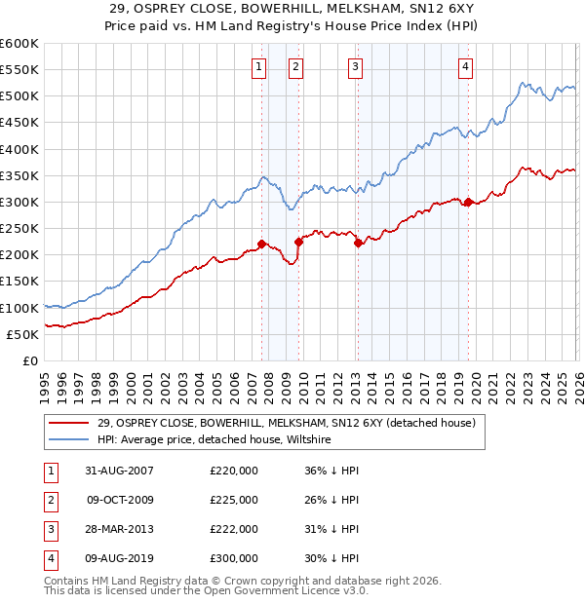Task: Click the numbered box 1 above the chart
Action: point(259,66)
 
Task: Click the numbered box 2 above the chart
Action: point(295,66)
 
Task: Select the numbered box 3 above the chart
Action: point(355,66)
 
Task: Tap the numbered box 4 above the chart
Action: point(465,66)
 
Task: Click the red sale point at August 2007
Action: point(261,244)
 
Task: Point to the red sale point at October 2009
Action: point(298,242)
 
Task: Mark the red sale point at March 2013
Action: point(358,243)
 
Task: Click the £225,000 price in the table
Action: point(234,500)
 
